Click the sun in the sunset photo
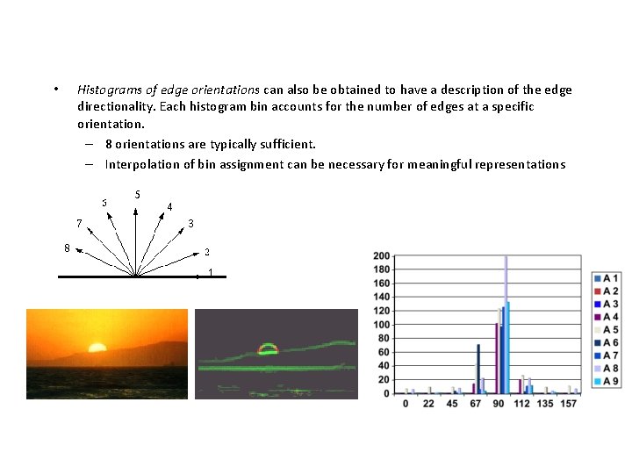97,347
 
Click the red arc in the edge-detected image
267,348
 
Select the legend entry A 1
606,278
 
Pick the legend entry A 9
606,381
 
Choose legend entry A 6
606,342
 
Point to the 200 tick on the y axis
382,256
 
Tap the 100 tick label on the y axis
382,325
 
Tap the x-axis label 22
428,404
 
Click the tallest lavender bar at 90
506,325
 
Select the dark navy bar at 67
478,369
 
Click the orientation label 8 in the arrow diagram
68,247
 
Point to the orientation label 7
79,223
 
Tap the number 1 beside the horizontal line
210,273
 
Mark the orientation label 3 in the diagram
190,224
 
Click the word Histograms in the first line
110,90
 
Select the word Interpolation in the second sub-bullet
140,164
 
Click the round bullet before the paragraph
55,90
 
